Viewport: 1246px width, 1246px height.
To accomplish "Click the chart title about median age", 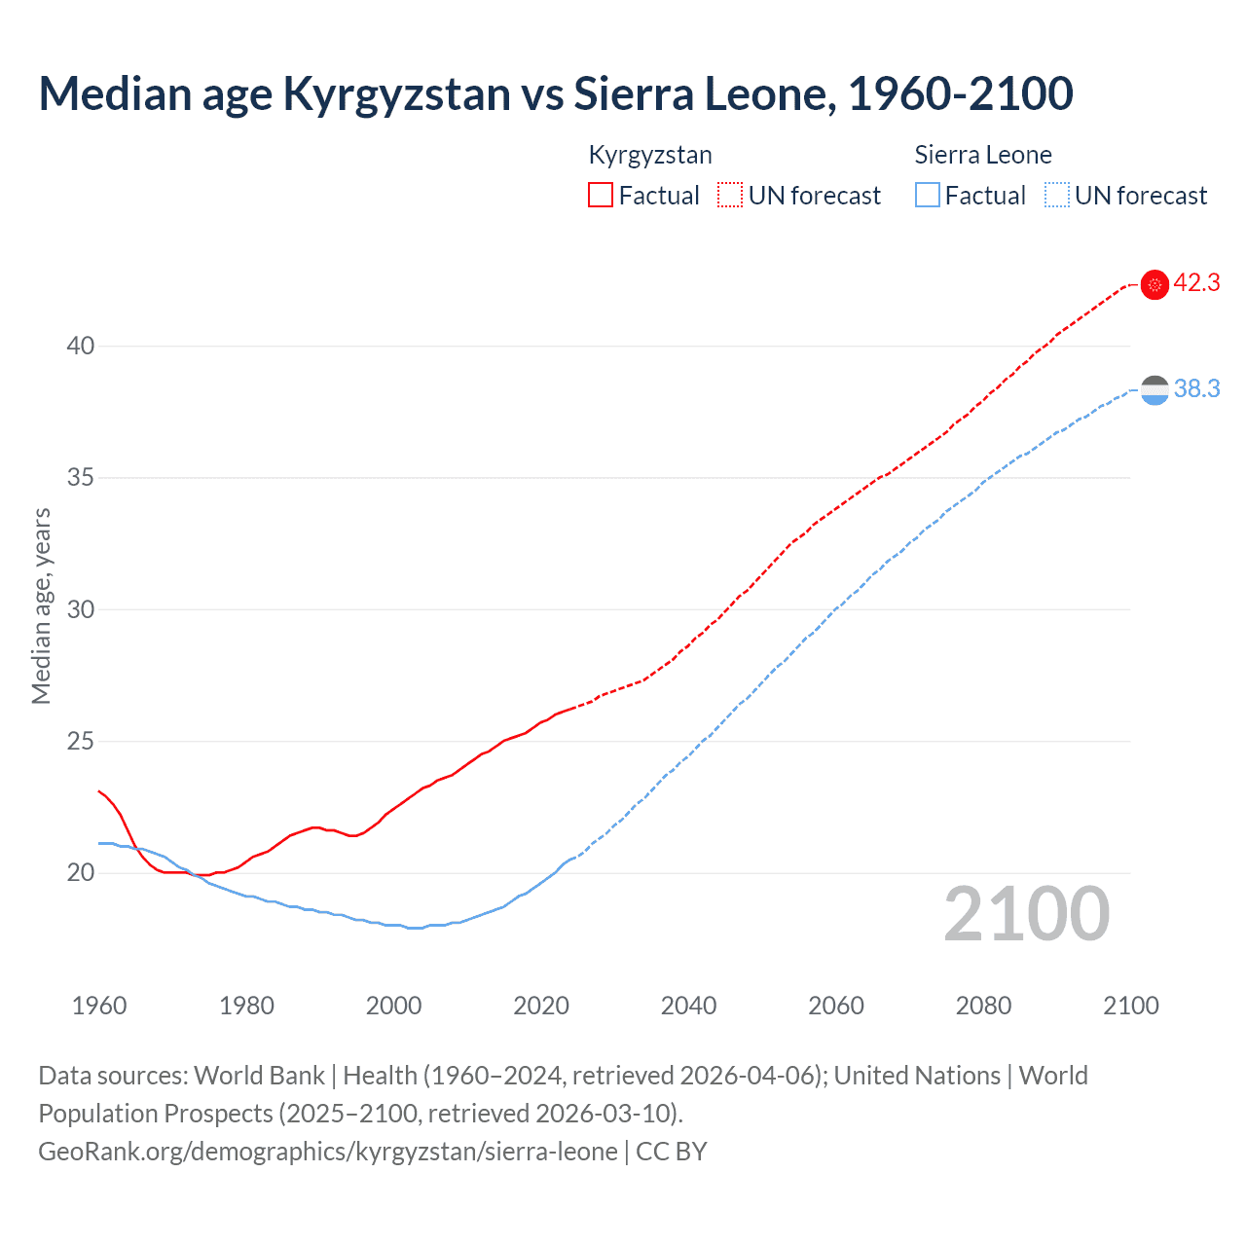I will click(555, 93).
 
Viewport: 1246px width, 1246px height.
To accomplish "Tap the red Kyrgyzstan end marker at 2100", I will click(1154, 284).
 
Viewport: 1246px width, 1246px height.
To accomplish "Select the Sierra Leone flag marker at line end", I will click(1154, 389).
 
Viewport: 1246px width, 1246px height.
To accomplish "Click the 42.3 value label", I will click(1196, 283).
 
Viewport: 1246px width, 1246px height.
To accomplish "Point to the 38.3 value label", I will click(1196, 389).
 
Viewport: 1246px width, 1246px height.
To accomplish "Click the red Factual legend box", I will click(601, 196).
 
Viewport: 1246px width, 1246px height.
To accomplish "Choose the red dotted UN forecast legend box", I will click(730, 196).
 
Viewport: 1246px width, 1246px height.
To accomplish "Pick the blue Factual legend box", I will click(928, 196).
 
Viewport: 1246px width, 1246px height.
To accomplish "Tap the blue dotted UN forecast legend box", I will click(1057, 196).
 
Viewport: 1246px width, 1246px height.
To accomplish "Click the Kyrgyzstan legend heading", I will click(650, 155).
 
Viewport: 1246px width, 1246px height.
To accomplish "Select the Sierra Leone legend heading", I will click(983, 155).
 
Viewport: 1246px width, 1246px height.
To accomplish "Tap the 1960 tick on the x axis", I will click(99, 1006).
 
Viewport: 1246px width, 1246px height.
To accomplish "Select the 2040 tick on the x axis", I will click(688, 1006).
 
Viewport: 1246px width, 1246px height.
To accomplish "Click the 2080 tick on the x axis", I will click(983, 1006).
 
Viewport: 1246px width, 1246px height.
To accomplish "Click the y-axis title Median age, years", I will click(41, 605).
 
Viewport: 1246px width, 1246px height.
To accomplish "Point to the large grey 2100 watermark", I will click(1026, 914).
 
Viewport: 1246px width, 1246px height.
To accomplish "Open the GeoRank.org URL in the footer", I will click(327, 1152).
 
